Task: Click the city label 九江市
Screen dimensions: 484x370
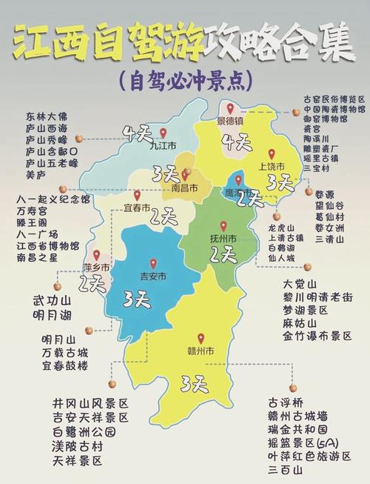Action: point(162,145)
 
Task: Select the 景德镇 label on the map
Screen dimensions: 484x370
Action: point(230,121)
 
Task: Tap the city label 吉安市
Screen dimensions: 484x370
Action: point(153,276)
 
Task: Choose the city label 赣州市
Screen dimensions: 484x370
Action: point(200,350)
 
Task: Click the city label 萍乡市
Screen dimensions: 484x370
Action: point(96,266)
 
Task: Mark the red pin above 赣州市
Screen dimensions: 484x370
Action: point(200,337)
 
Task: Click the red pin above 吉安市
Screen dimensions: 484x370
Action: point(153,263)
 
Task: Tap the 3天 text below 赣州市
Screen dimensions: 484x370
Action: point(194,383)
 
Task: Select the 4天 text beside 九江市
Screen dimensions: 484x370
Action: point(138,133)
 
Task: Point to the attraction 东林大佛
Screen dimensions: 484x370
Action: point(45,116)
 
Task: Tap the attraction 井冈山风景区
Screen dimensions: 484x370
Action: point(90,402)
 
